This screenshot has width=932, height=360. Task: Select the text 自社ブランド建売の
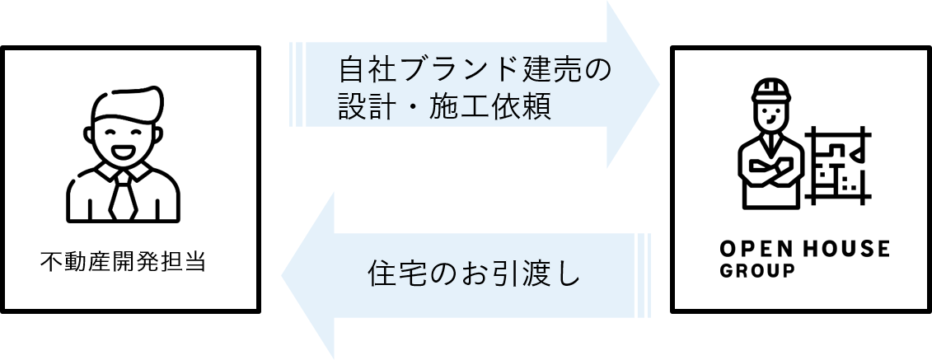tap(475, 70)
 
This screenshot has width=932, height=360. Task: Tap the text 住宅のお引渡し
tap(473, 274)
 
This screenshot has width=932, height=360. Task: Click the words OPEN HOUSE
tap(804, 249)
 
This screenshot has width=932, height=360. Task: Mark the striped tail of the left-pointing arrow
tap(645, 276)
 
